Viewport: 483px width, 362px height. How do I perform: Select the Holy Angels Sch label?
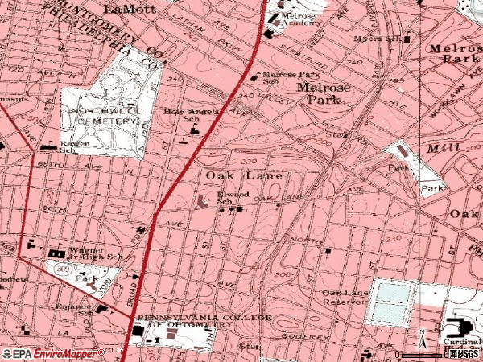coord(181,114)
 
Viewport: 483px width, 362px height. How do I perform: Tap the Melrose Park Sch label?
coord(282,78)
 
